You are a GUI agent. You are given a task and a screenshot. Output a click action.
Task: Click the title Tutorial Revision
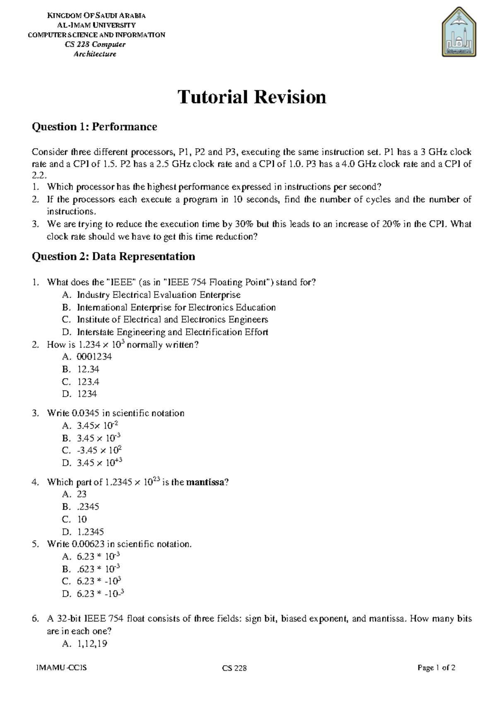(x=252, y=97)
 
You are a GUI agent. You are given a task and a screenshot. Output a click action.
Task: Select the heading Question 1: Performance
(x=94, y=127)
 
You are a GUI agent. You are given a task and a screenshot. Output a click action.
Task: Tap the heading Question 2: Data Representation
(x=113, y=257)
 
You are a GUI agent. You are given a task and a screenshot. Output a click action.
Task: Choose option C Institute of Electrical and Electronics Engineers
(x=172, y=320)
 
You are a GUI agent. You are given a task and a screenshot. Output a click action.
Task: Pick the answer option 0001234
(x=94, y=357)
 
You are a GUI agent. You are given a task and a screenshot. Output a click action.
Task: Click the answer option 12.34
(x=88, y=369)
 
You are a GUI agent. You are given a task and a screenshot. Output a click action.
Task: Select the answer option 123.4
(x=88, y=382)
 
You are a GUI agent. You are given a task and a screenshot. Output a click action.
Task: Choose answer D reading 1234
(x=87, y=394)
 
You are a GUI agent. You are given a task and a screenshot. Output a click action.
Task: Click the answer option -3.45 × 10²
(x=99, y=450)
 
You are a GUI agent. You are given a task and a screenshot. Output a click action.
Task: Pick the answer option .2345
(x=88, y=507)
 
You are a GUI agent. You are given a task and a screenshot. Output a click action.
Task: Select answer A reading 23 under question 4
(x=82, y=494)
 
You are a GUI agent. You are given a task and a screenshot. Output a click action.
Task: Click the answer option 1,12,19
(x=92, y=644)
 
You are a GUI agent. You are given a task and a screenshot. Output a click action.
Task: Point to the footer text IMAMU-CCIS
(x=61, y=668)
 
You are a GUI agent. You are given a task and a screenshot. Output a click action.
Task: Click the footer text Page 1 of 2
(x=437, y=668)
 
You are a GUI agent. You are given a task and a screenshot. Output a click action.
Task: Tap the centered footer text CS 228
(x=234, y=668)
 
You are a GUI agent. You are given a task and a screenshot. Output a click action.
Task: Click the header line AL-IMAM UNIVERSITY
(x=96, y=25)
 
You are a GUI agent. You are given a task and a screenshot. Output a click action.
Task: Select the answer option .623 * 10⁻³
(x=99, y=569)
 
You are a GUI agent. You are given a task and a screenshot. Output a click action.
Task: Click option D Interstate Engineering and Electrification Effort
(x=172, y=332)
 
